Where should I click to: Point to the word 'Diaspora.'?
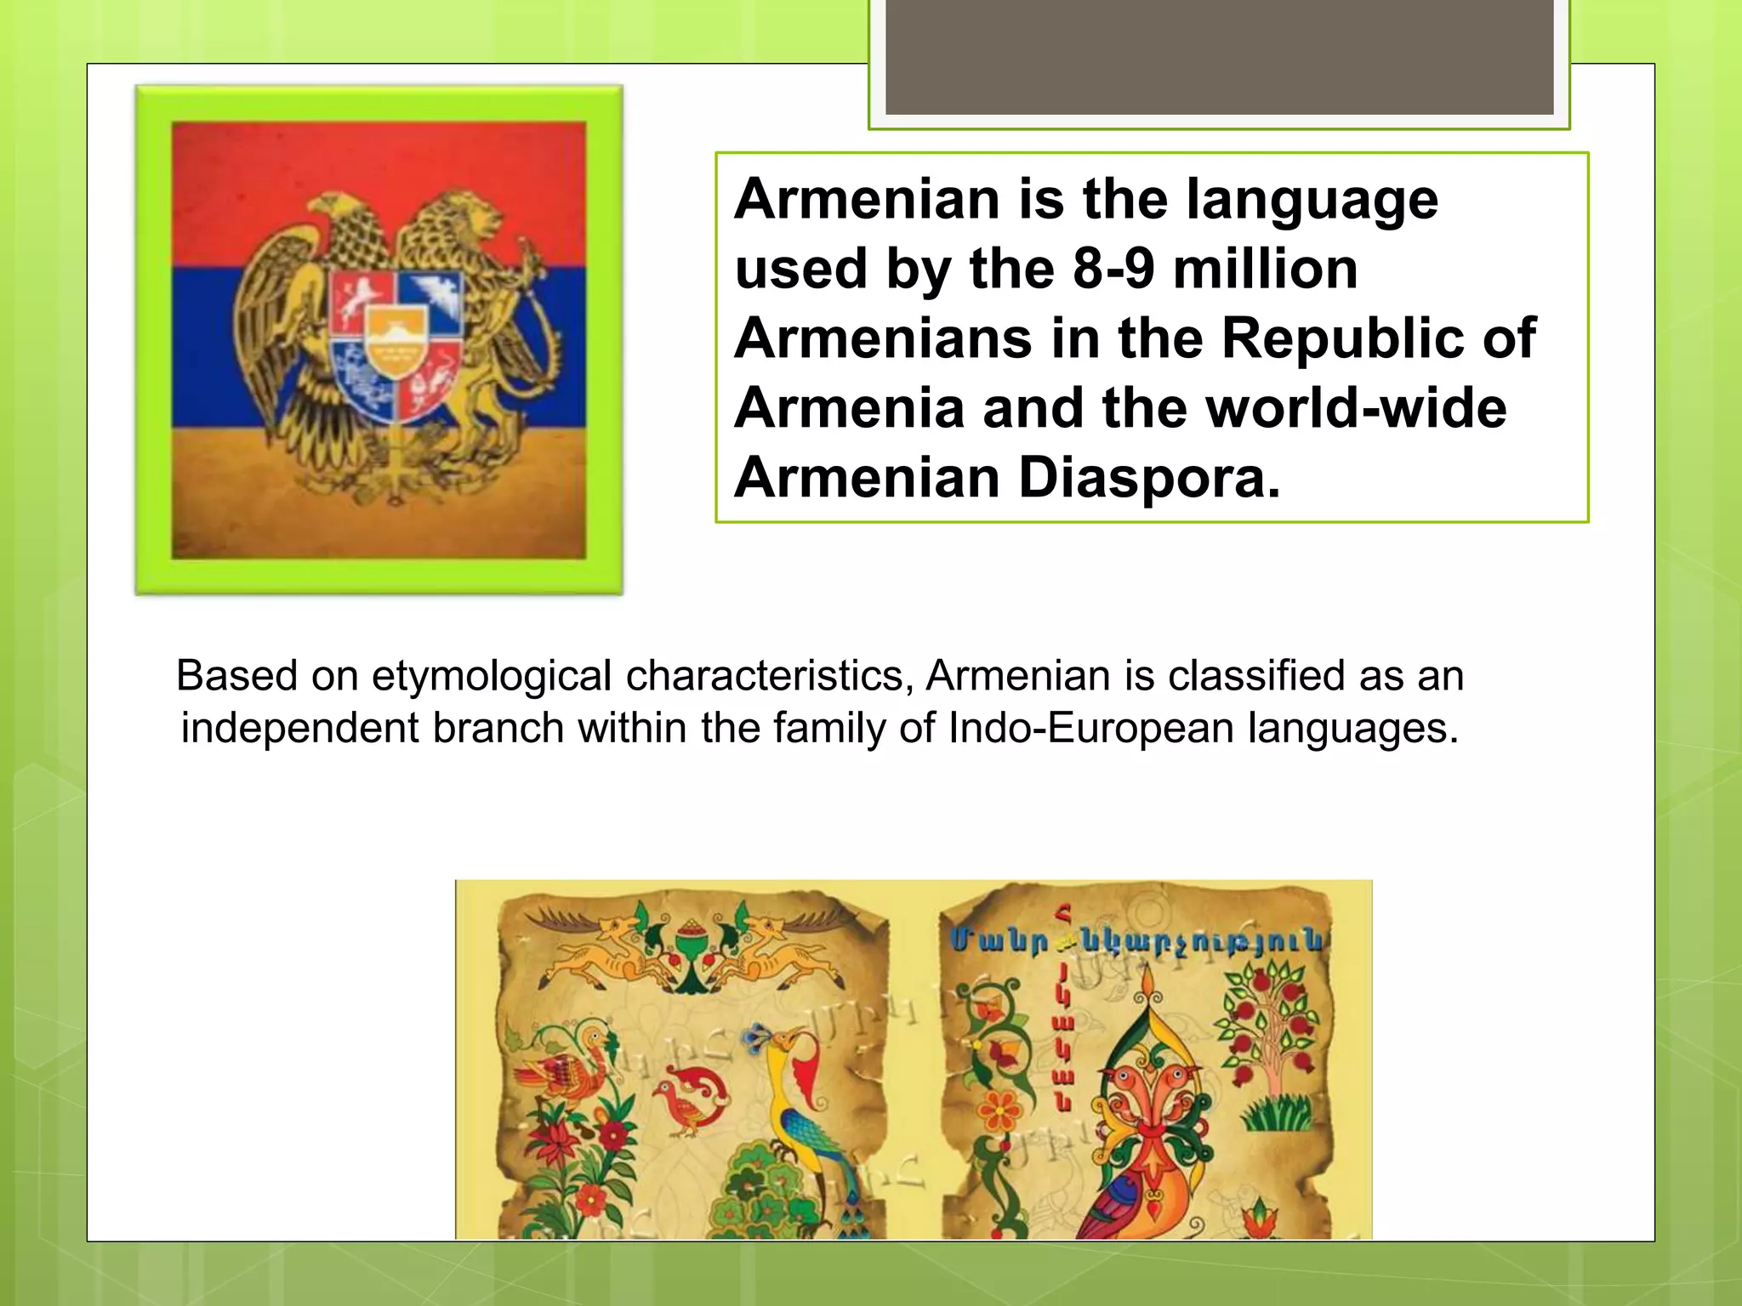click(1149, 478)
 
